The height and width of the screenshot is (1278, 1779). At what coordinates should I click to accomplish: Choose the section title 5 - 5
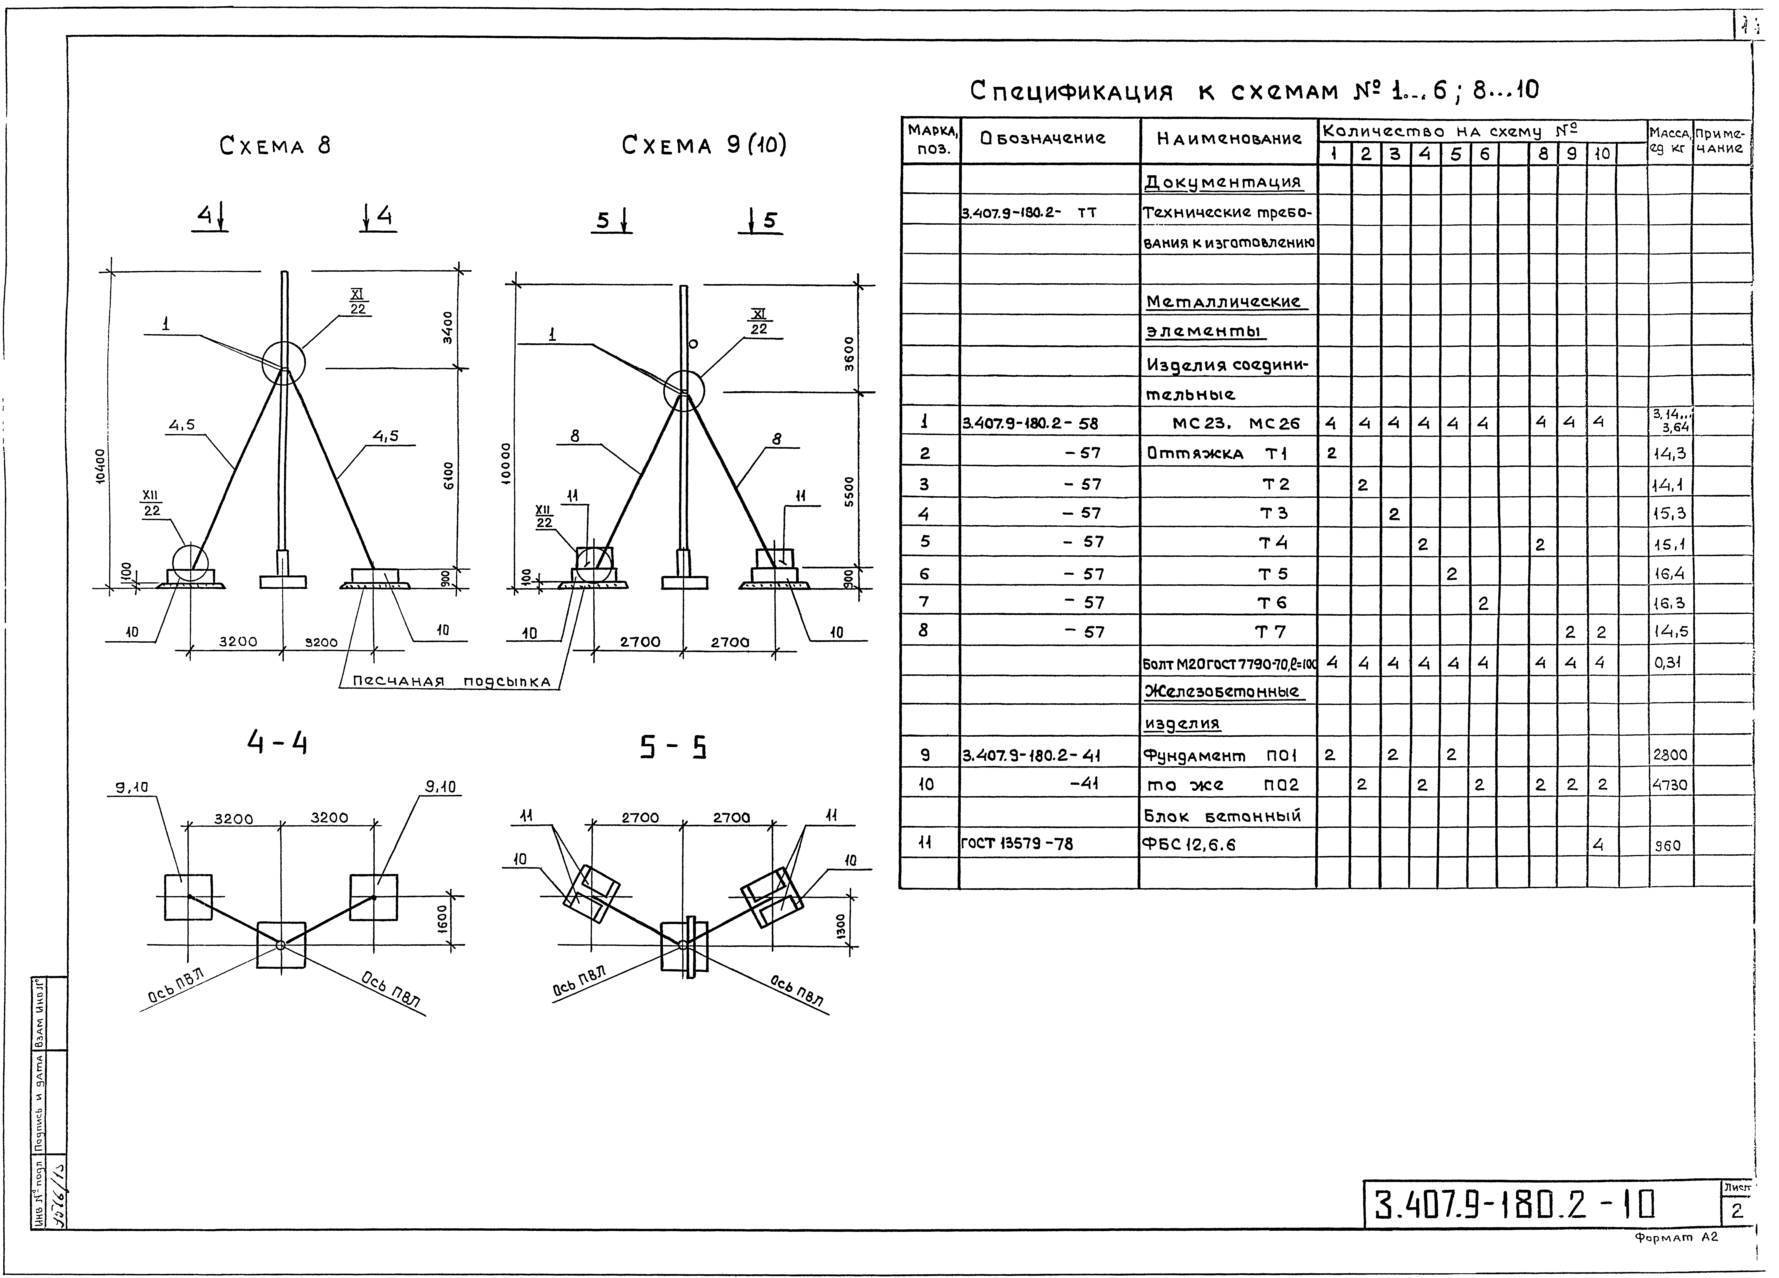click(673, 748)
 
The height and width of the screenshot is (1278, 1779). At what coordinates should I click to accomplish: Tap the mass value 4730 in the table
click(1669, 785)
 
